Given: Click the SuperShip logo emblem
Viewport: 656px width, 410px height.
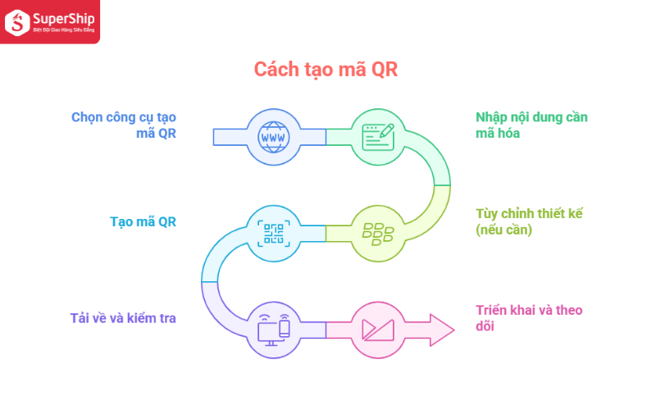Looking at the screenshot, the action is click(x=17, y=23).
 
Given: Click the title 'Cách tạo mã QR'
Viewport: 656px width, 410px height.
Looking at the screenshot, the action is click(x=326, y=70).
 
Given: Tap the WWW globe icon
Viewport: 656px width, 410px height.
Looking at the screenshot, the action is click(x=274, y=137).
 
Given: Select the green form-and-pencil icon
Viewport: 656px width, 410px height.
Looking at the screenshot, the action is click(x=378, y=137).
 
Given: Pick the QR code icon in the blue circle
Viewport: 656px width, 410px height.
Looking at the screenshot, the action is click(x=274, y=234).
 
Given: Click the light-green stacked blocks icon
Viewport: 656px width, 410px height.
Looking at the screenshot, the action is click(x=378, y=234).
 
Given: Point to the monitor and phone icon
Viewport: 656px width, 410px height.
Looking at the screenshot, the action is click(x=274, y=330).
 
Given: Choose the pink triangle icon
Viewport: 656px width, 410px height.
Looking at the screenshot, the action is click(x=378, y=330).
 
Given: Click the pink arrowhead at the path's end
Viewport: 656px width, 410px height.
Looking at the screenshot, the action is click(x=442, y=330).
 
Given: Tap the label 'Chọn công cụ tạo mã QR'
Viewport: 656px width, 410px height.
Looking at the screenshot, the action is click(x=124, y=125).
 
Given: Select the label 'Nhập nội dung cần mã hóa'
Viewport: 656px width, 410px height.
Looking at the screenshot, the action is click(x=531, y=125).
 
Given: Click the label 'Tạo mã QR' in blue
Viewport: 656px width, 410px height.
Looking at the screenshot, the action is click(x=143, y=221).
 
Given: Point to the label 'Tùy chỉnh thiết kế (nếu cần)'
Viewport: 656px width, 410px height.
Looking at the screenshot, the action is click(x=529, y=221).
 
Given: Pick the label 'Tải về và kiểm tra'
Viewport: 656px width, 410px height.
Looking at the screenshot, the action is click(x=123, y=318).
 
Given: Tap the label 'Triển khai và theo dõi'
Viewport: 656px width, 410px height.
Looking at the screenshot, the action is click(x=529, y=318).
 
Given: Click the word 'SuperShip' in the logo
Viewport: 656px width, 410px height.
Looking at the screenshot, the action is click(x=64, y=19).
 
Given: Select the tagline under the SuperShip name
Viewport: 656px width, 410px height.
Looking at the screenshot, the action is click(x=64, y=30).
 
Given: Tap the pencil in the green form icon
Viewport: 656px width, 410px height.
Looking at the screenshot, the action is click(x=386, y=130).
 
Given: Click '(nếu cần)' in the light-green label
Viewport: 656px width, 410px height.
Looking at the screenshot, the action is click(x=503, y=230).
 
